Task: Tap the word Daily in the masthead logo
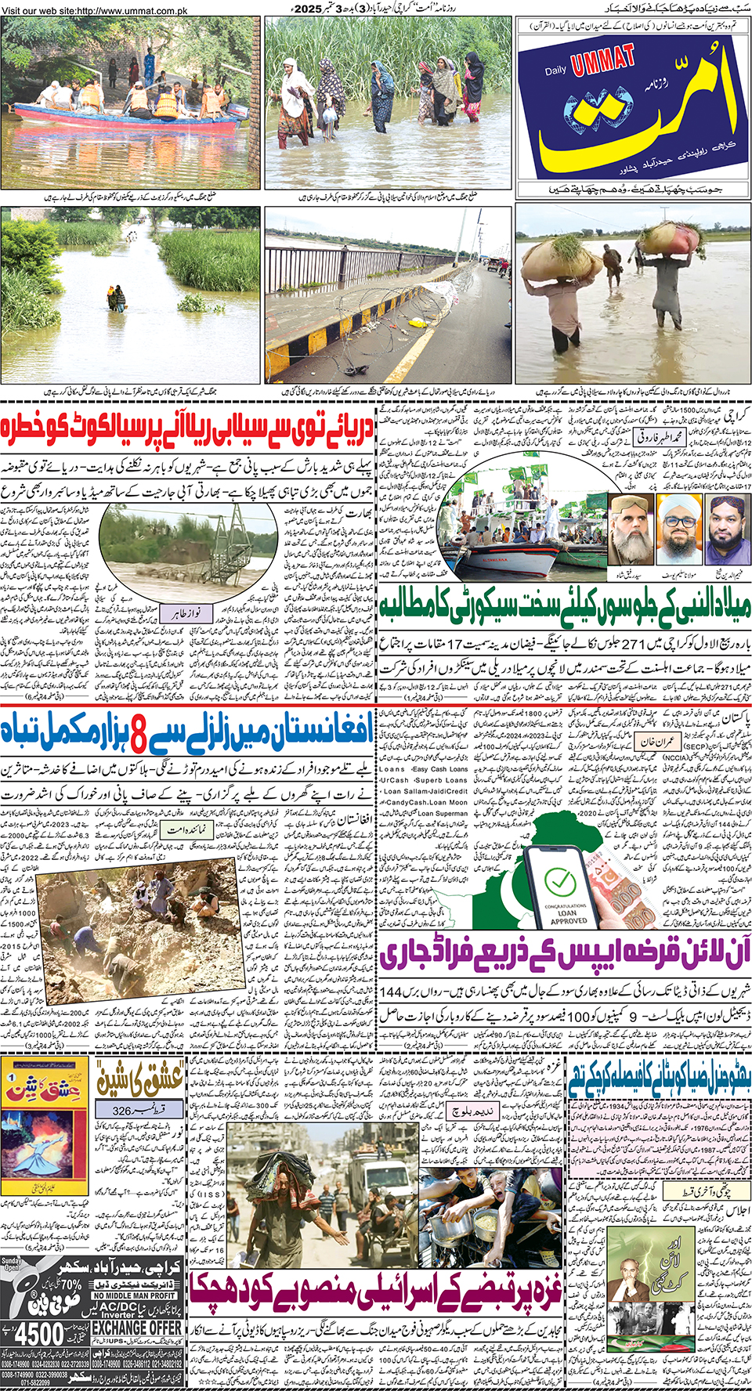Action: [x=555, y=70]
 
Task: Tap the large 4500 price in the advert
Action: [x=38, y=1333]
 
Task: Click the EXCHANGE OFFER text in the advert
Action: [x=137, y=1328]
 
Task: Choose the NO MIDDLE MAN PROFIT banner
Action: [x=136, y=1296]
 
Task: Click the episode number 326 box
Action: [x=137, y=1111]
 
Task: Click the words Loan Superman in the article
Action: [x=442, y=814]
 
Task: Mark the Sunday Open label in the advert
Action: [x=11, y=1264]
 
